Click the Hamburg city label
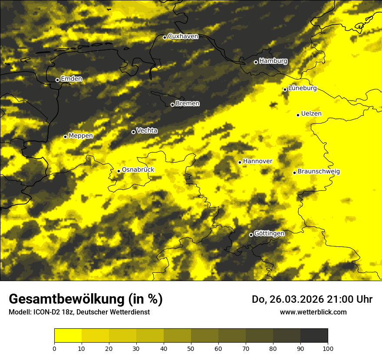[x=273, y=61]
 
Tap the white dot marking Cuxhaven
[x=165, y=37]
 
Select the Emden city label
[x=71, y=79]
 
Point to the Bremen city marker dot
[x=172, y=105]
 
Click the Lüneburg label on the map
[x=302, y=88]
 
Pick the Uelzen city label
[x=311, y=114]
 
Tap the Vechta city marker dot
[x=133, y=132]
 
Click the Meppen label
[x=81, y=136]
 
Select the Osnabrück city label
[x=138, y=170]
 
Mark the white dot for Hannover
[x=240, y=162]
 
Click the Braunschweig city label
[x=319, y=171]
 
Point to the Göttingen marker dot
[x=251, y=235]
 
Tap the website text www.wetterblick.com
[x=313, y=312]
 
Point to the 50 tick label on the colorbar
[x=191, y=348]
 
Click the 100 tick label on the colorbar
[x=328, y=348]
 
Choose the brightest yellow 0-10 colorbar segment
[x=68, y=335]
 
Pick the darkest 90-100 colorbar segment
[x=314, y=335]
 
